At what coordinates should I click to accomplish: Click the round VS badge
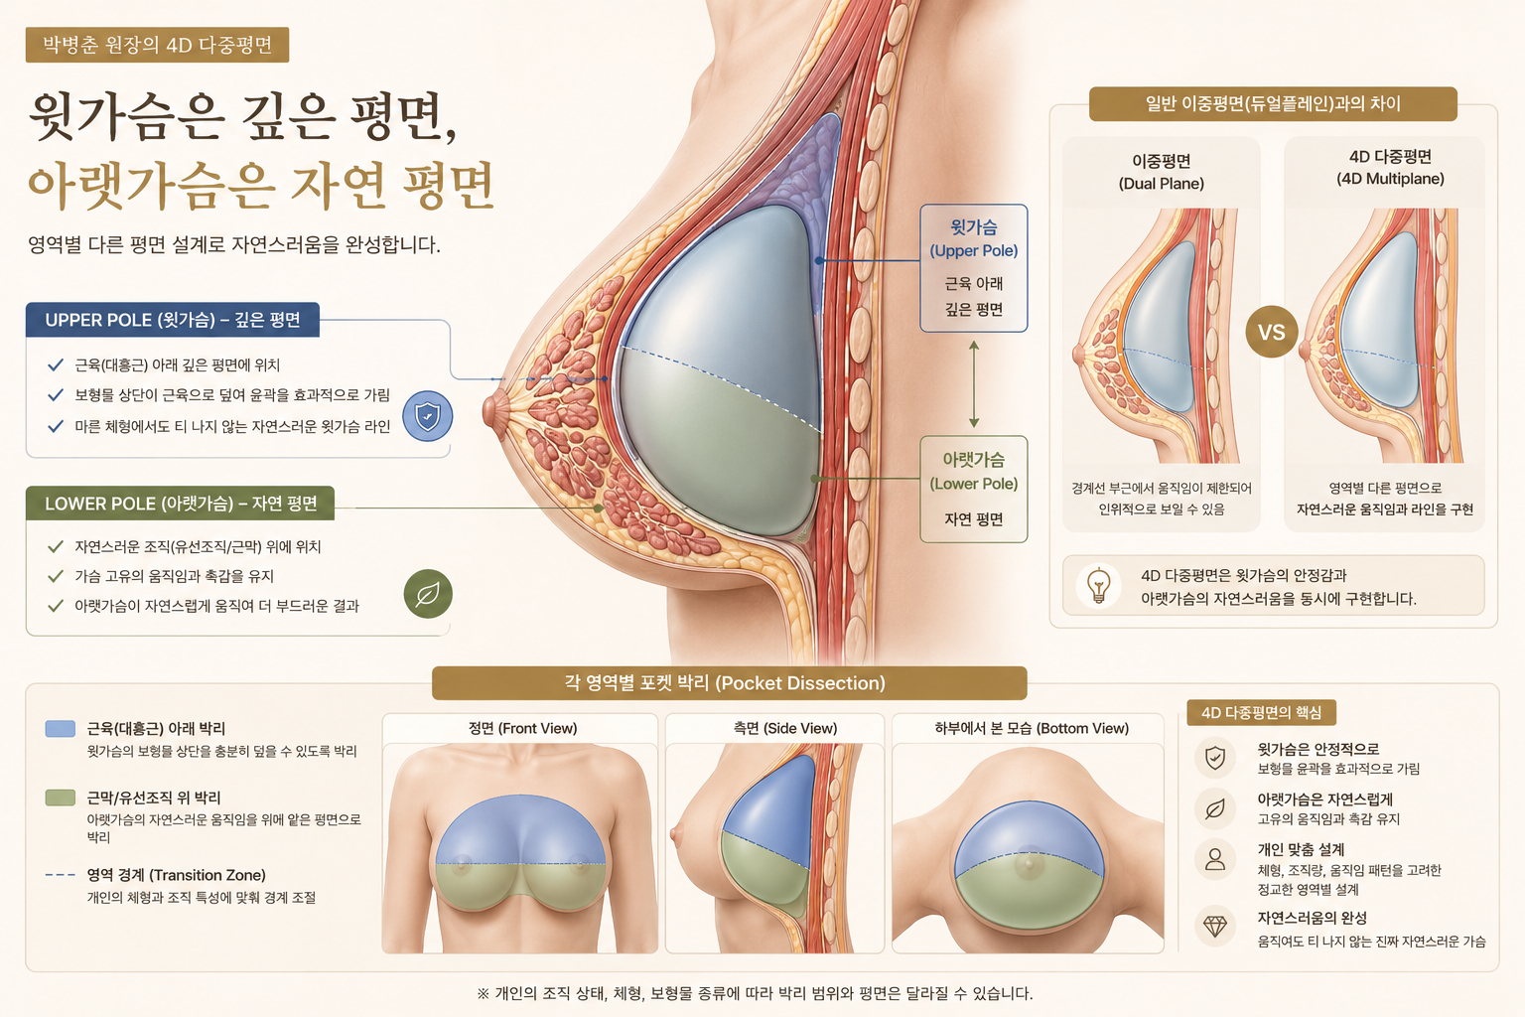tap(1271, 332)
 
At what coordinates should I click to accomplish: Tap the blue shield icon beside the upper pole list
tap(428, 415)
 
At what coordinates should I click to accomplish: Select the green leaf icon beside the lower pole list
tap(428, 594)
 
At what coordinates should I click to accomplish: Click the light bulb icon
tap(1098, 586)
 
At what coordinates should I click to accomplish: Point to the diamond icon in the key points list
tap(1215, 926)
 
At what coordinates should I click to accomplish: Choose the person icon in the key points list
tap(1215, 859)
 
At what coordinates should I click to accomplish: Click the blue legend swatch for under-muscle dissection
tap(60, 729)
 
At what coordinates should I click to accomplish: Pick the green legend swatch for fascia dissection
tap(60, 798)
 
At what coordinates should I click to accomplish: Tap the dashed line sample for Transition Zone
tap(60, 875)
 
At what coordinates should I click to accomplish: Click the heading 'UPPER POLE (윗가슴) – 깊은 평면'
tap(172, 320)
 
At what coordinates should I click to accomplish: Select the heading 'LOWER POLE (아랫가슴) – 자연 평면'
tap(181, 504)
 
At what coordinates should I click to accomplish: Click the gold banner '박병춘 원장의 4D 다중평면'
tap(157, 45)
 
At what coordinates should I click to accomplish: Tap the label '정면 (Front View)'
tap(522, 728)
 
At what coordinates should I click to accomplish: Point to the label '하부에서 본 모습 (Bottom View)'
tap(1032, 728)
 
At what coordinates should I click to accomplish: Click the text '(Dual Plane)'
tap(1162, 184)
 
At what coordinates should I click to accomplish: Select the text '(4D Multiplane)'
tap(1390, 179)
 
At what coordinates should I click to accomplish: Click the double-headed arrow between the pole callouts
tap(974, 384)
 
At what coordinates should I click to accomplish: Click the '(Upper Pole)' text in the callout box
tap(974, 250)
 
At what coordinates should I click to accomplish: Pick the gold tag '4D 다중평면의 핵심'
tap(1261, 712)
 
